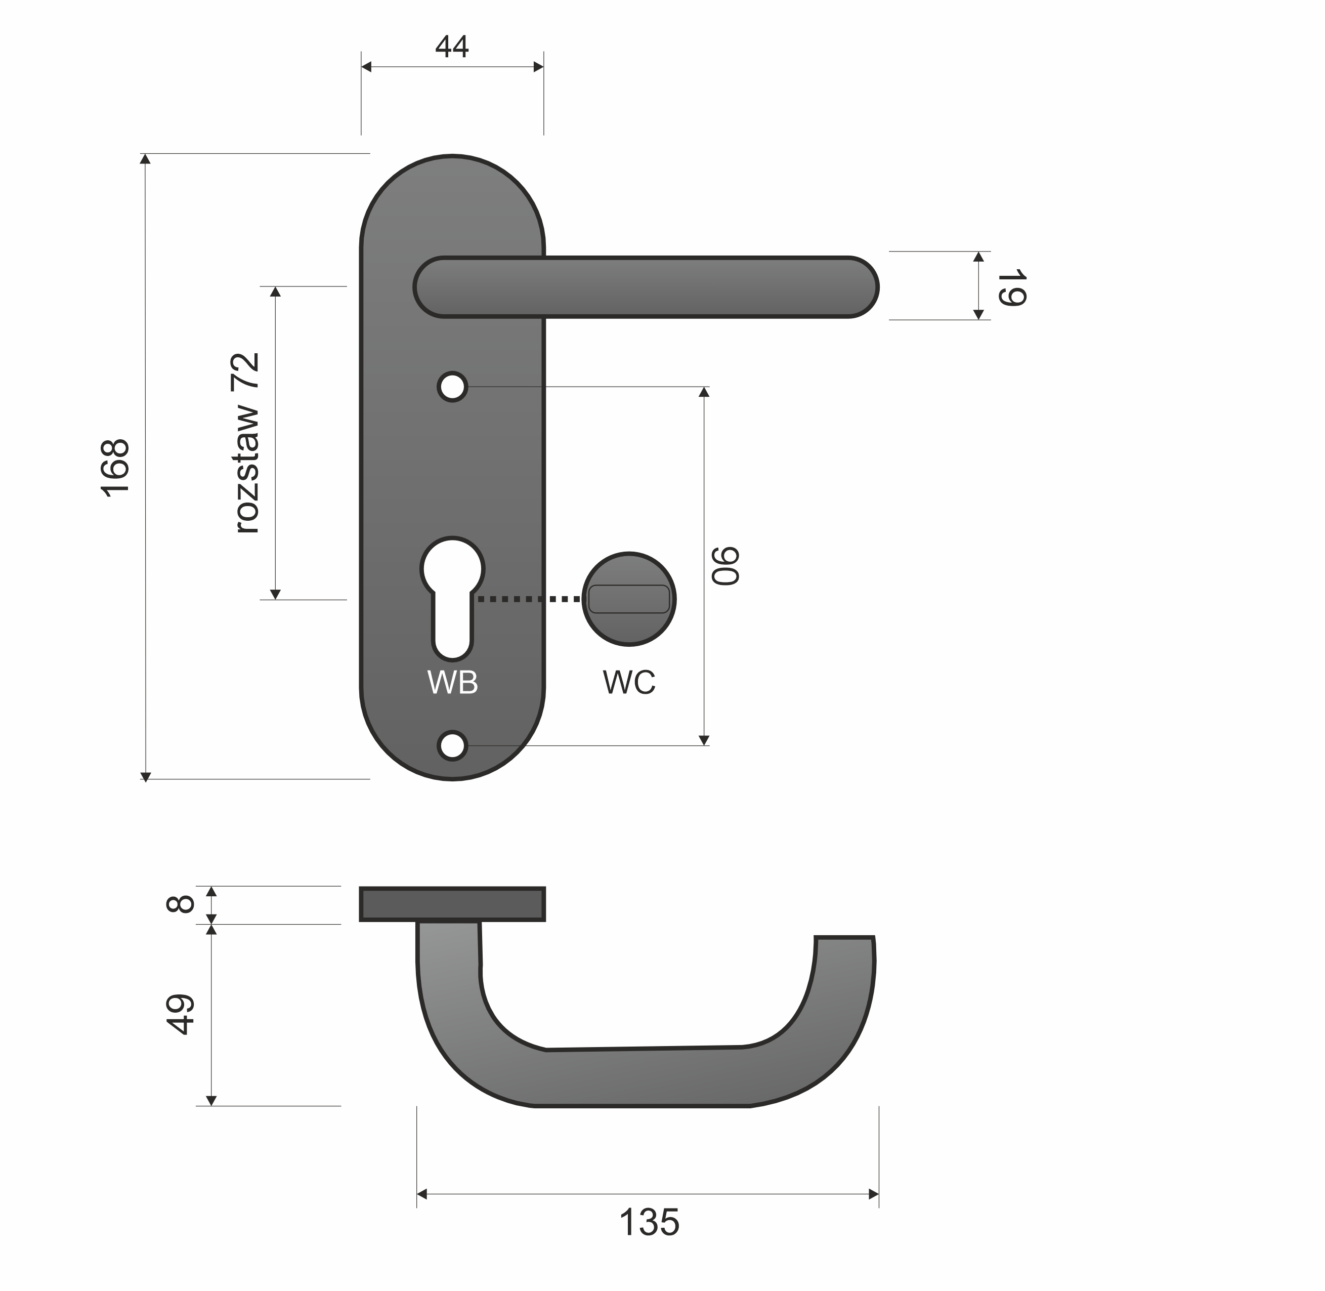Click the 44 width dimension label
[452, 46]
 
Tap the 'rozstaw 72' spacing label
[246, 443]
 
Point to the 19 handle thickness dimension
[1011, 287]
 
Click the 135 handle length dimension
[649, 1223]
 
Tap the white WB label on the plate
[453, 682]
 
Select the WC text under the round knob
[629, 682]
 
